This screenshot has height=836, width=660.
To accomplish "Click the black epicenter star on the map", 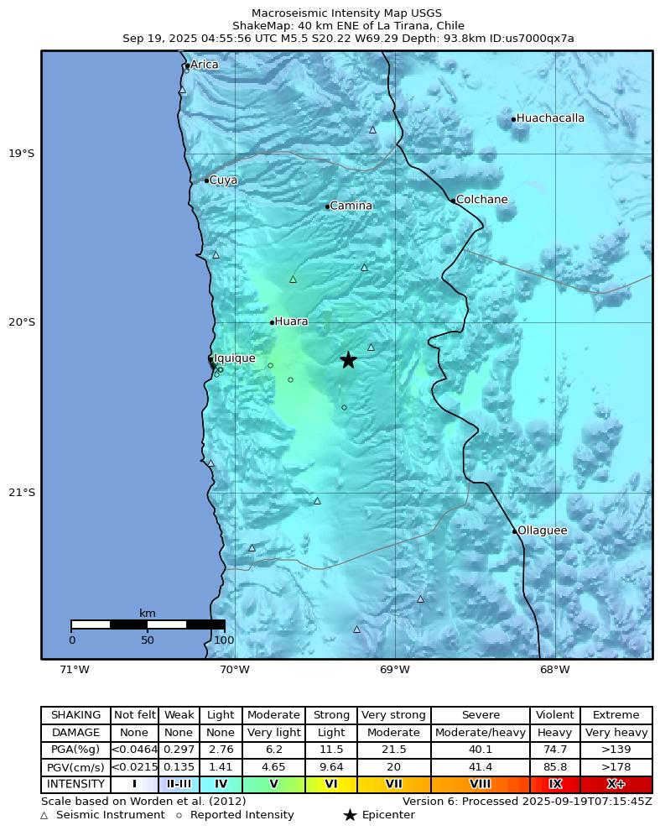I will pyautogui.click(x=348, y=360).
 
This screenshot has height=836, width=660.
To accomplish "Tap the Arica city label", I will pyautogui.click(x=204, y=65).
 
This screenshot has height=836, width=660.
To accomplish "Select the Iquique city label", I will pyautogui.click(x=235, y=358).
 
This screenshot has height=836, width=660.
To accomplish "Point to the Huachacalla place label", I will pyautogui.click(x=550, y=118).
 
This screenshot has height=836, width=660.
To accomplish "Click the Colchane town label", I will pyautogui.click(x=481, y=200).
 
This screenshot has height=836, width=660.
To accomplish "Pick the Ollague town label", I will pyautogui.click(x=542, y=530).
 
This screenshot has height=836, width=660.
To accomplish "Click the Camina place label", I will pyautogui.click(x=351, y=206).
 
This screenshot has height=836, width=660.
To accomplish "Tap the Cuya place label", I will pyautogui.click(x=223, y=180).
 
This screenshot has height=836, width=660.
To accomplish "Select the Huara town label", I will pyautogui.click(x=291, y=321).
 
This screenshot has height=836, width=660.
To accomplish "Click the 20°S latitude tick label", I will pyautogui.click(x=22, y=322).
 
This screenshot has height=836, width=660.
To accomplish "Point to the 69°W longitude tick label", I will pyautogui.click(x=395, y=669).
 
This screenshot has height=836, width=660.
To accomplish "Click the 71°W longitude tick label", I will pyautogui.click(x=75, y=669).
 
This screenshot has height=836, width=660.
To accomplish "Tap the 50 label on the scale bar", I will pyautogui.click(x=148, y=640).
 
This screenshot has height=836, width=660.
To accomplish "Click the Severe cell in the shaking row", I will pyautogui.click(x=481, y=715).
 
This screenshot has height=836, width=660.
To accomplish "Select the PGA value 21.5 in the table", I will pyautogui.click(x=393, y=750).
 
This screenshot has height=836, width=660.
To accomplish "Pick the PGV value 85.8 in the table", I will pyautogui.click(x=554, y=767).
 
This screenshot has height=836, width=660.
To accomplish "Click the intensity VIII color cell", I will pyautogui.click(x=481, y=784).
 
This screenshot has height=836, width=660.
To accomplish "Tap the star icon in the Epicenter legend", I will pyautogui.click(x=350, y=815).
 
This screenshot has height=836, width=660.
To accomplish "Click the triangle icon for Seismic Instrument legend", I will pyautogui.click(x=44, y=815).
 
